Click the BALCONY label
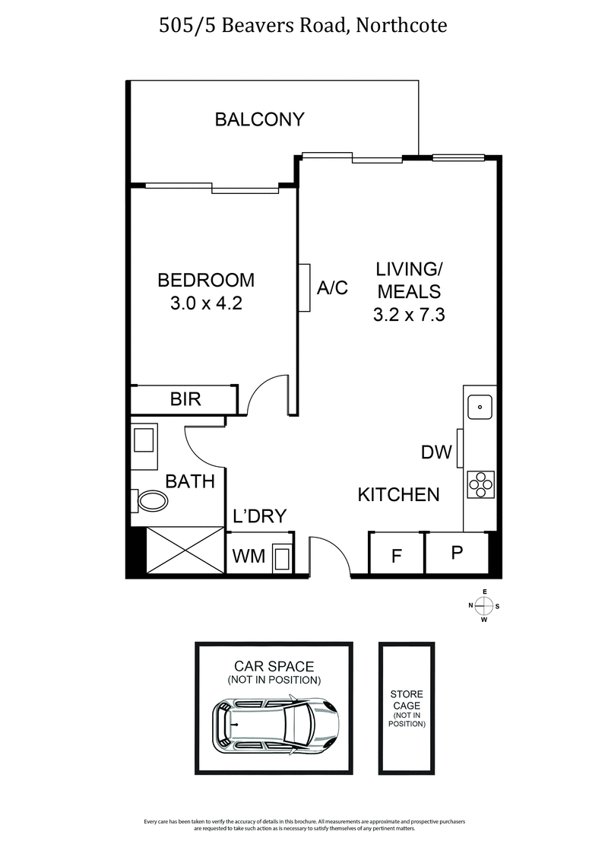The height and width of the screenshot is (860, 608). point(259,119)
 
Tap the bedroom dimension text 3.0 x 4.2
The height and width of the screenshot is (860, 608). point(205,303)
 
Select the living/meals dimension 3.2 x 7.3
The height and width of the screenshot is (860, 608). point(408,313)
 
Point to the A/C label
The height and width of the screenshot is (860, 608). point(331,288)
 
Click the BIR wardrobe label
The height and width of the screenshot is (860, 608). point(185,399)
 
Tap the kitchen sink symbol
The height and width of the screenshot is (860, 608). point(480,407)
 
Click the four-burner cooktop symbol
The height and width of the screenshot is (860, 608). point(480,484)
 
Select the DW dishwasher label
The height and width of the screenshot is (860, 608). point(436,452)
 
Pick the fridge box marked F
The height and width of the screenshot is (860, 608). point(396,556)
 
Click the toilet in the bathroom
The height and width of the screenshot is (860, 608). point(150,500)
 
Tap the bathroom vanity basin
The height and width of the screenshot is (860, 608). point(144,440)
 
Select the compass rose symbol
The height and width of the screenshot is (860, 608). point(483,606)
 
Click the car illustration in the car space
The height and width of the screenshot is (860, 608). point(274,725)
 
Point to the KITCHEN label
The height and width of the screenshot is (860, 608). point(398,495)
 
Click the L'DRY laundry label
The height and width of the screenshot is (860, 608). point(259,517)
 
